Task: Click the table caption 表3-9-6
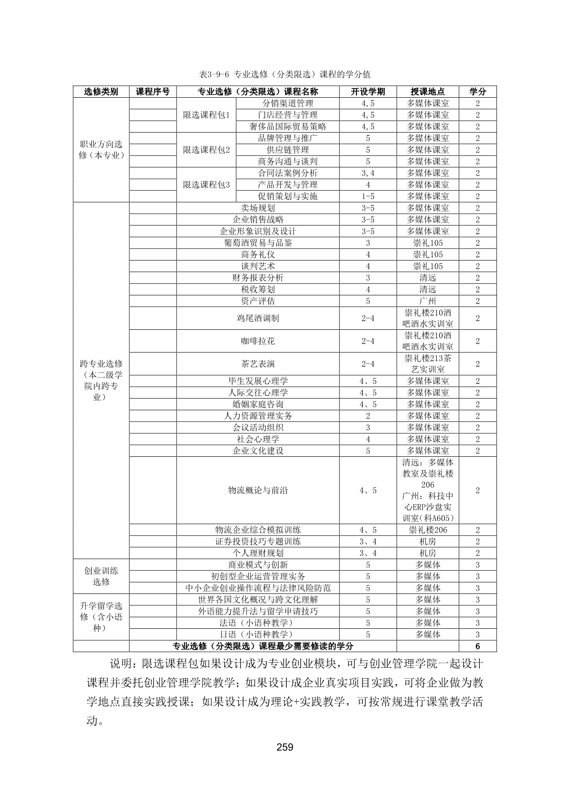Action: [x=285, y=74]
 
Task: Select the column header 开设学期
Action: [x=368, y=92]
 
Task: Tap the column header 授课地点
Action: [x=428, y=92]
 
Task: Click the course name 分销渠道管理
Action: [x=288, y=104]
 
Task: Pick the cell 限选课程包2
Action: [x=206, y=150]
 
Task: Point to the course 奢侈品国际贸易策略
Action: [x=288, y=127]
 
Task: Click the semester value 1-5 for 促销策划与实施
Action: [x=368, y=196]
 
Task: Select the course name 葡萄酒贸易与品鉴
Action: [x=258, y=243]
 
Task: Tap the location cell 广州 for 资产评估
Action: [x=428, y=301]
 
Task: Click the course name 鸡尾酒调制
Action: [x=258, y=318]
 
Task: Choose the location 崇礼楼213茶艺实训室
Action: [x=428, y=364]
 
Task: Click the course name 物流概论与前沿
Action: [x=258, y=490]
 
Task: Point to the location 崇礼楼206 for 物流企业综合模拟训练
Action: [x=428, y=530]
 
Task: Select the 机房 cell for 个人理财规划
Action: [x=428, y=554]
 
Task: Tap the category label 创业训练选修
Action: [x=101, y=577]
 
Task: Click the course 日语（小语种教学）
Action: [x=258, y=635]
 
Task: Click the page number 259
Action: [x=284, y=747]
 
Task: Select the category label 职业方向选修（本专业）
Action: [x=101, y=150]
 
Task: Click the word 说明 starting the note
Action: [x=121, y=664]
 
